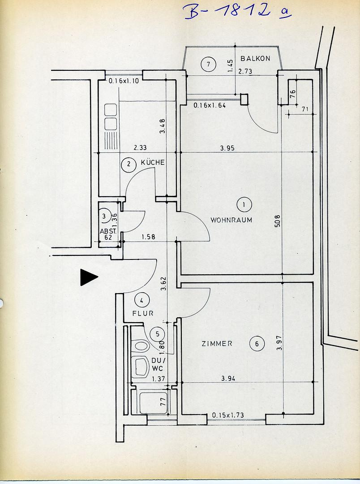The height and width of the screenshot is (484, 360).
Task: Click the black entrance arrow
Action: point(88,277)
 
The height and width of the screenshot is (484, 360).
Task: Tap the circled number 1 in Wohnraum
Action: point(244,205)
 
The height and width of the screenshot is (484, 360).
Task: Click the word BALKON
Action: point(254,59)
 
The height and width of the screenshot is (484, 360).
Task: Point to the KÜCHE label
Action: point(153,163)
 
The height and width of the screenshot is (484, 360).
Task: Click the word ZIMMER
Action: point(217,344)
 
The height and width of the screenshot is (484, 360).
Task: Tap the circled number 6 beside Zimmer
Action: point(257,344)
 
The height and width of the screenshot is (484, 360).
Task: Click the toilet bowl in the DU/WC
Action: point(141,346)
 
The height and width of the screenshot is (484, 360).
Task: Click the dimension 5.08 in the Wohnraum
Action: point(278,221)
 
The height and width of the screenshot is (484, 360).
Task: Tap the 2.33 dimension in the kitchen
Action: point(140,147)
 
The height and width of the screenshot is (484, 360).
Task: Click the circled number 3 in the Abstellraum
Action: point(104,216)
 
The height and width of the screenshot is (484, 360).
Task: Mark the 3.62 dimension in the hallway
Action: point(163,283)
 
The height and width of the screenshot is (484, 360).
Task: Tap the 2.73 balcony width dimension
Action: point(245,71)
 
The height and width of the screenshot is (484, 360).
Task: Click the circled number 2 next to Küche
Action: point(129,164)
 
